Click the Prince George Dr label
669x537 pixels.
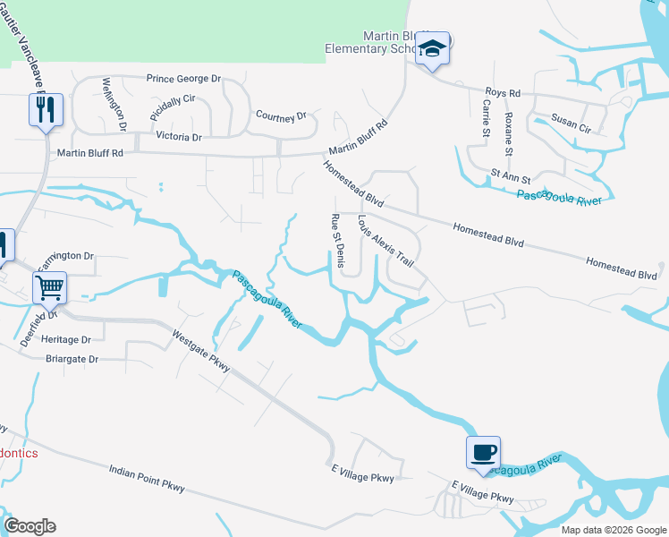point(183,79)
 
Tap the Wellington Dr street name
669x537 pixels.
point(114,103)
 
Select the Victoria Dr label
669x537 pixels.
point(179,137)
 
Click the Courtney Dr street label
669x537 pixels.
point(281,115)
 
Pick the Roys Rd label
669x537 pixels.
point(502,93)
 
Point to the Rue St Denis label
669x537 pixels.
point(337,239)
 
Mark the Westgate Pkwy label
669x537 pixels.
point(201,350)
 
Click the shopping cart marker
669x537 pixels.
point(50,287)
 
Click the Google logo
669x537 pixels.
point(30,526)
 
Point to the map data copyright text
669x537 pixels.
point(613,530)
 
